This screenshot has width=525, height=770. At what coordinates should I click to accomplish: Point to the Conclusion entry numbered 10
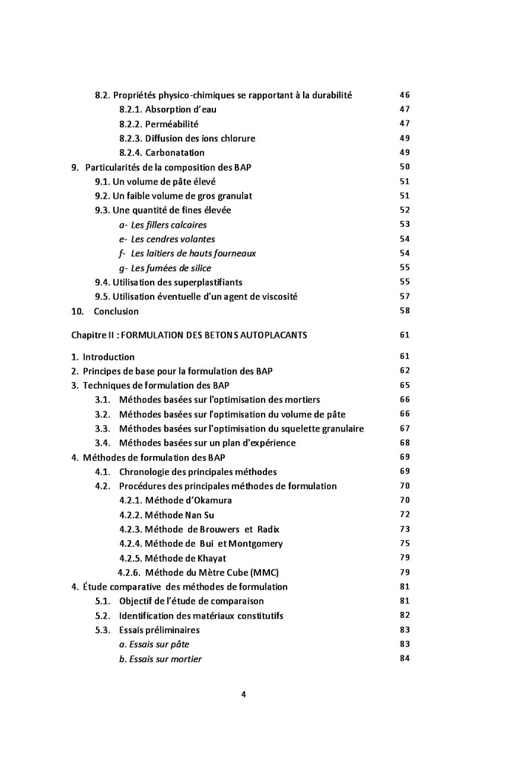click(115, 311)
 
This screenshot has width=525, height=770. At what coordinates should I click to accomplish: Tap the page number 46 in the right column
click(404, 95)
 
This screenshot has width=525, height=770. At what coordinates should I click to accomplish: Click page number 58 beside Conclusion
click(404, 311)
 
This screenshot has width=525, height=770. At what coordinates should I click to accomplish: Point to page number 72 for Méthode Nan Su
click(404, 515)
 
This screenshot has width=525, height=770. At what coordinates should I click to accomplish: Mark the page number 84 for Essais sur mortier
click(404, 659)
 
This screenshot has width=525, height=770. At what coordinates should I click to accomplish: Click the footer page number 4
click(244, 694)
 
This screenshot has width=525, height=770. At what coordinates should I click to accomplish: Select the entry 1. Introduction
click(103, 357)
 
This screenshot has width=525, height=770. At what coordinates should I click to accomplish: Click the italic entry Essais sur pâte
click(154, 644)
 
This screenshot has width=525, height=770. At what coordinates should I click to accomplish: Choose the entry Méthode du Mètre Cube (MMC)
click(198, 572)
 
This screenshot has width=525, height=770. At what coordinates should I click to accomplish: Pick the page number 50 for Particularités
click(404, 167)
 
